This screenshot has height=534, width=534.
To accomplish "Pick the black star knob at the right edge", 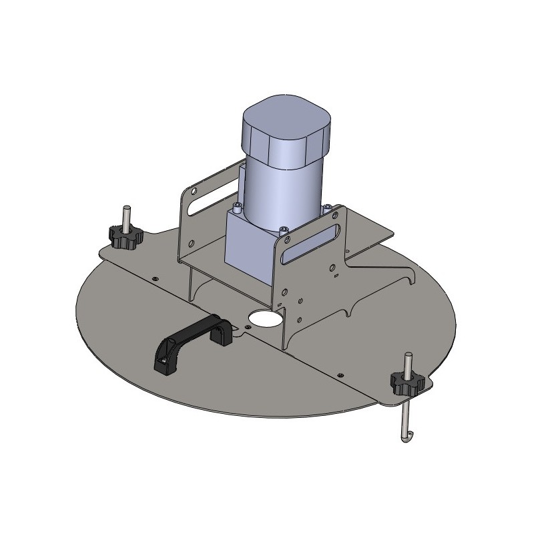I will point(407,383).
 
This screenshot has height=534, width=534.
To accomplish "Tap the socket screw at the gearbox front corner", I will point(285,230).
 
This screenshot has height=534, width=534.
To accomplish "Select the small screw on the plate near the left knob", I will point(155,278).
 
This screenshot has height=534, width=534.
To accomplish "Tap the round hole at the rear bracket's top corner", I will point(193,191).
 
